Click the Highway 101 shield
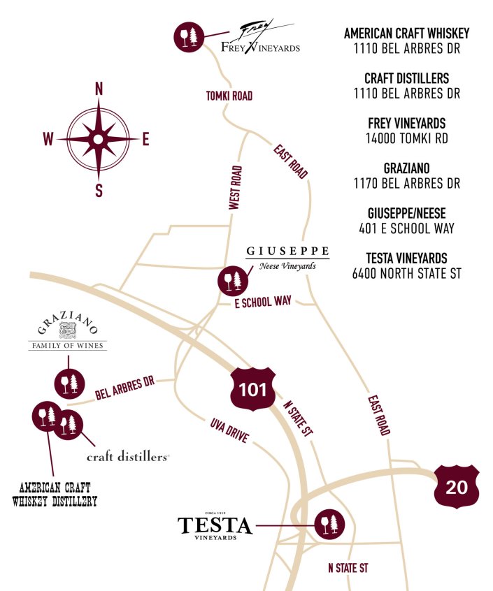pos(252,388)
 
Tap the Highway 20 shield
pos(457,486)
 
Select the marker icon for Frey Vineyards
pos(188,36)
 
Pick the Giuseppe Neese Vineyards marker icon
pos(231,280)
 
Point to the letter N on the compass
pos(99,89)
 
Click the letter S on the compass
pos(99,189)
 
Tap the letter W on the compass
pos(48,140)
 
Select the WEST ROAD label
pos(236,188)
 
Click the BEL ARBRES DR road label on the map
pos(124,388)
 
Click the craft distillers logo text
pos(128,457)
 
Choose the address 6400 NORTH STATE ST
pos(406,273)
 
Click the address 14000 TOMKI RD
pos(406,138)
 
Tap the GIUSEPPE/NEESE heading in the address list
pos(406,213)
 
